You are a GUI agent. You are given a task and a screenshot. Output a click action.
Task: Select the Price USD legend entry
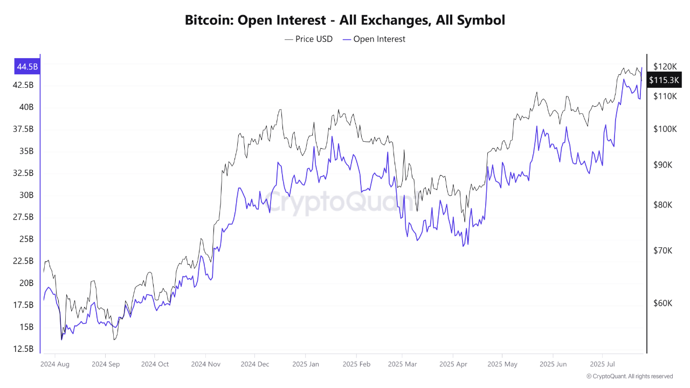(x=308, y=39)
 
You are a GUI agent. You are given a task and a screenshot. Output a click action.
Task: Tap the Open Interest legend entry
(x=374, y=39)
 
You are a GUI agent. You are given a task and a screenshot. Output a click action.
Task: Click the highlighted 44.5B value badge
(x=27, y=67)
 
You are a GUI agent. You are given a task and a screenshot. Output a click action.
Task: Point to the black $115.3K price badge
(x=664, y=80)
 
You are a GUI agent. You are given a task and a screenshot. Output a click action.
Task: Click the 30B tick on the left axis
(x=26, y=195)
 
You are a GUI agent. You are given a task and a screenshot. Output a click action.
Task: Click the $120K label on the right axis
(x=664, y=66)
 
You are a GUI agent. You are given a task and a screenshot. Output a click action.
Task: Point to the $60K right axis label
(x=663, y=303)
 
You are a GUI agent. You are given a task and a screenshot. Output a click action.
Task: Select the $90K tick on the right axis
(x=663, y=165)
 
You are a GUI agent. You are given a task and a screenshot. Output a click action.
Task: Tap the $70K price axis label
(x=663, y=251)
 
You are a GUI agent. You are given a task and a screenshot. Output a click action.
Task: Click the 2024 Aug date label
(x=55, y=364)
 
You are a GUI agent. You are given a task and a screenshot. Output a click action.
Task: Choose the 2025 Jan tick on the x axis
(x=305, y=364)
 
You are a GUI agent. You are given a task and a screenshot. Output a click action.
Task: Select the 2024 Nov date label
(x=205, y=364)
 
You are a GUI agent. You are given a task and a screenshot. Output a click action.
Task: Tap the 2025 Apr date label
(x=453, y=364)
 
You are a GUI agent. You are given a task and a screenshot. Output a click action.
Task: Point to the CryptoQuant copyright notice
(x=629, y=376)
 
